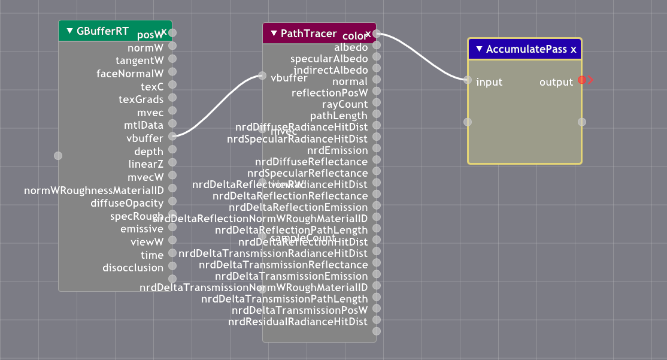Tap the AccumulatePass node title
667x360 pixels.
coord(526,50)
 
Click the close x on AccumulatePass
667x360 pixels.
coord(574,50)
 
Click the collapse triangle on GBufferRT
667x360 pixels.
coord(69,31)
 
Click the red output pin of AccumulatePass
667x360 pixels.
coord(582,80)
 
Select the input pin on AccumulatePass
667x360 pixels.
coord(468,80)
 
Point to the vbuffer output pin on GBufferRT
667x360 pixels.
coord(172,136)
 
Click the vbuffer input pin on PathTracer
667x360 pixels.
coord(262,75)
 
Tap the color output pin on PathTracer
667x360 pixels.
coord(376,34)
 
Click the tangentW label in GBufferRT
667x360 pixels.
coord(140,60)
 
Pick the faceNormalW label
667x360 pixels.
coord(130,74)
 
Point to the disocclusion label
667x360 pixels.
coord(133,268)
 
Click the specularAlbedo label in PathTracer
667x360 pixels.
coord(329,59)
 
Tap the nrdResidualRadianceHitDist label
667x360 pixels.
coord(298,322)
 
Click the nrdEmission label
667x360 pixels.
coord(337,150)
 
